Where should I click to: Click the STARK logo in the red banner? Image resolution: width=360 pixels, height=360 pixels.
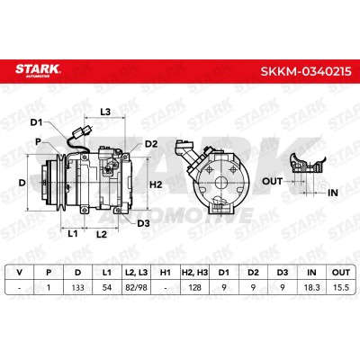click(x=38, y=71)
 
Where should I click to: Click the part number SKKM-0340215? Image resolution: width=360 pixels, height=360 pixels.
click(x=306, y=71)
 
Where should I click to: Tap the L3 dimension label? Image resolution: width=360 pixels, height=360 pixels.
click(x=105, y=112)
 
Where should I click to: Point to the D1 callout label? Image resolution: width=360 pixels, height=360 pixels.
click(x=37, y=122)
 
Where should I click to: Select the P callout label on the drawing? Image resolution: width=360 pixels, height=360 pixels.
click(x=38, y=141)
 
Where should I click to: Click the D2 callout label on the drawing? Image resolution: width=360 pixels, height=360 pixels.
click(x=151, y=144)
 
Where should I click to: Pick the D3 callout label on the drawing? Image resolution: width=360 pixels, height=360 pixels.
click(x=143, y=223)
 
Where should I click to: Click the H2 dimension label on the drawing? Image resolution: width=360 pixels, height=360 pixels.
click(x=156, y=184)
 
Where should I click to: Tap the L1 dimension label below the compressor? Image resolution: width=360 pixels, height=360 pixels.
click(x=72, y=233)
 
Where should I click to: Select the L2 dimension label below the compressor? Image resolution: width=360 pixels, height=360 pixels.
click(x=102, y=234)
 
